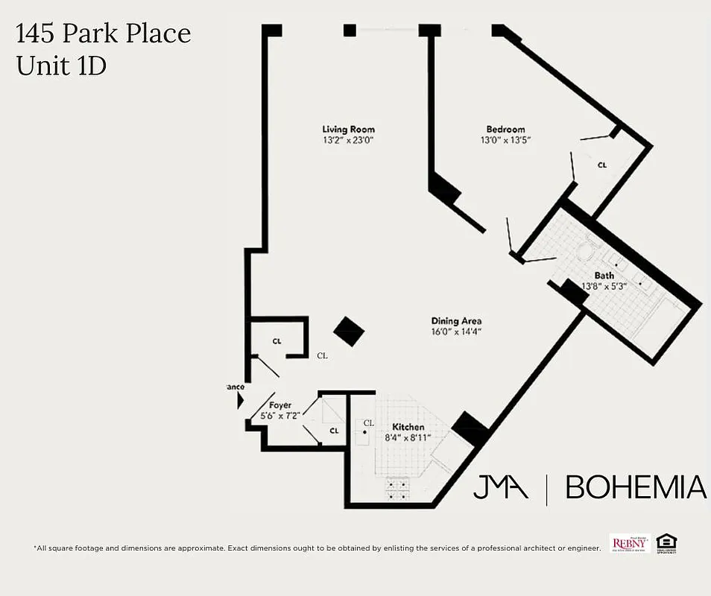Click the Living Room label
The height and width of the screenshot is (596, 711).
click(x=348, y=130)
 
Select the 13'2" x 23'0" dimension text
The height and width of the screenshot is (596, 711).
click(x=348, y=140)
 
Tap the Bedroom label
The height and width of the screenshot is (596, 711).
click(x=505, y=130)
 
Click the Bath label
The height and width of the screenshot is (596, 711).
click(x=604, y=276)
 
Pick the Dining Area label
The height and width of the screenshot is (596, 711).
click(x=456, y=321)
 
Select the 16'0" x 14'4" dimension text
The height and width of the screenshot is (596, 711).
click(x=456, y=332)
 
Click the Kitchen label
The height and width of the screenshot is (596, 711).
click(x=408, y=427)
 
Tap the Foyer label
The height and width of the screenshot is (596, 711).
click(x=280, y=405)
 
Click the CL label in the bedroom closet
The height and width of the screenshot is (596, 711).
click(x=601, y=165)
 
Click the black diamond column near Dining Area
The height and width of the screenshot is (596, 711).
click(x=349, y=331)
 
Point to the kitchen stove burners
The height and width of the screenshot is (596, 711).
click(x=397, y=489)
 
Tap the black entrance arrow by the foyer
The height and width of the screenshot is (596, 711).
click(x=240, y=401)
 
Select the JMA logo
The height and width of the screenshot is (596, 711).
click(x=501, y=487)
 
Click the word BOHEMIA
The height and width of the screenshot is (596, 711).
click(x=636, y=487)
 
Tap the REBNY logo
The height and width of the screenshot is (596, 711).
click(x=630, y=543)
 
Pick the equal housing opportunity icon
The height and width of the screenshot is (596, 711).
click(x=667, y=543)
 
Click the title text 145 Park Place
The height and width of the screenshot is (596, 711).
click(x=104, y=34)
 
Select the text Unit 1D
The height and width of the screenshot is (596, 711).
click(x=61, y=66)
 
